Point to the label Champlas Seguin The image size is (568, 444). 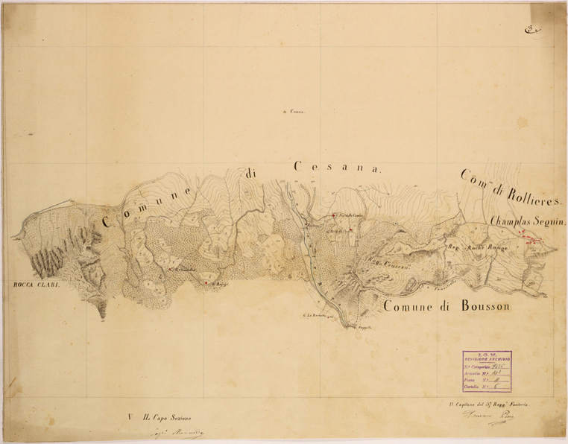pos(529,222)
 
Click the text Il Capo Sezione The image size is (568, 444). pos(168,417)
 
